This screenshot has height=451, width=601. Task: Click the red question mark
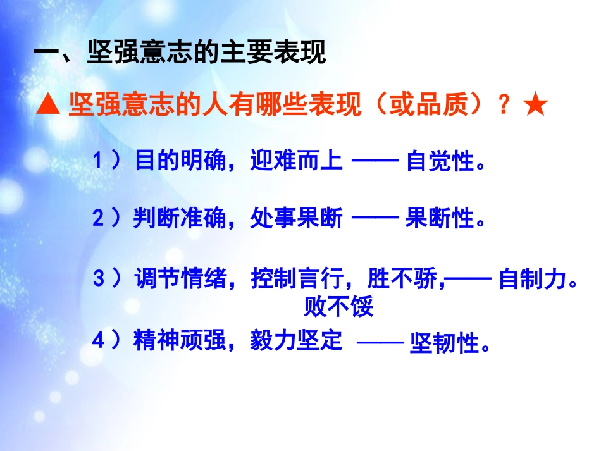click(504, 106)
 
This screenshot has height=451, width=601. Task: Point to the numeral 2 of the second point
click(97, 219)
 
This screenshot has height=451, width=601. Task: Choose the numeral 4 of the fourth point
click(98, 342)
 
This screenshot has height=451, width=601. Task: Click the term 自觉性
click(440, 163)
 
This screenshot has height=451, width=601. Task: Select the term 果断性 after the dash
click(440, 219)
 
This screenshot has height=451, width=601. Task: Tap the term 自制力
click(533, 280)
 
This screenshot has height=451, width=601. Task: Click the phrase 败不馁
click(338, 307)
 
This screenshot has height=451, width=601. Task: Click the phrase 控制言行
click(297, 279)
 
